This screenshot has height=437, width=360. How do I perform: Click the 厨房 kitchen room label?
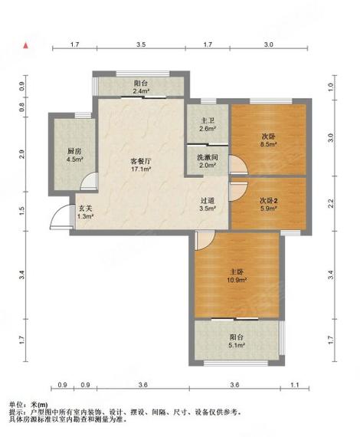[x=74, y=151]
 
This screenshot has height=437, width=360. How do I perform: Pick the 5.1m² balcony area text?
[x=237, y=346]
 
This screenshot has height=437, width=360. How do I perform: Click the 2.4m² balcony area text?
[x=141, y=92]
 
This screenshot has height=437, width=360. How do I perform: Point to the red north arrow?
[x=28, y=46]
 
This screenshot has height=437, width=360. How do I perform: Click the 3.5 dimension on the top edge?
[x=142, y=46]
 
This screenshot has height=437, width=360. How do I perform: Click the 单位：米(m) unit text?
[x=28, y=405]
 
